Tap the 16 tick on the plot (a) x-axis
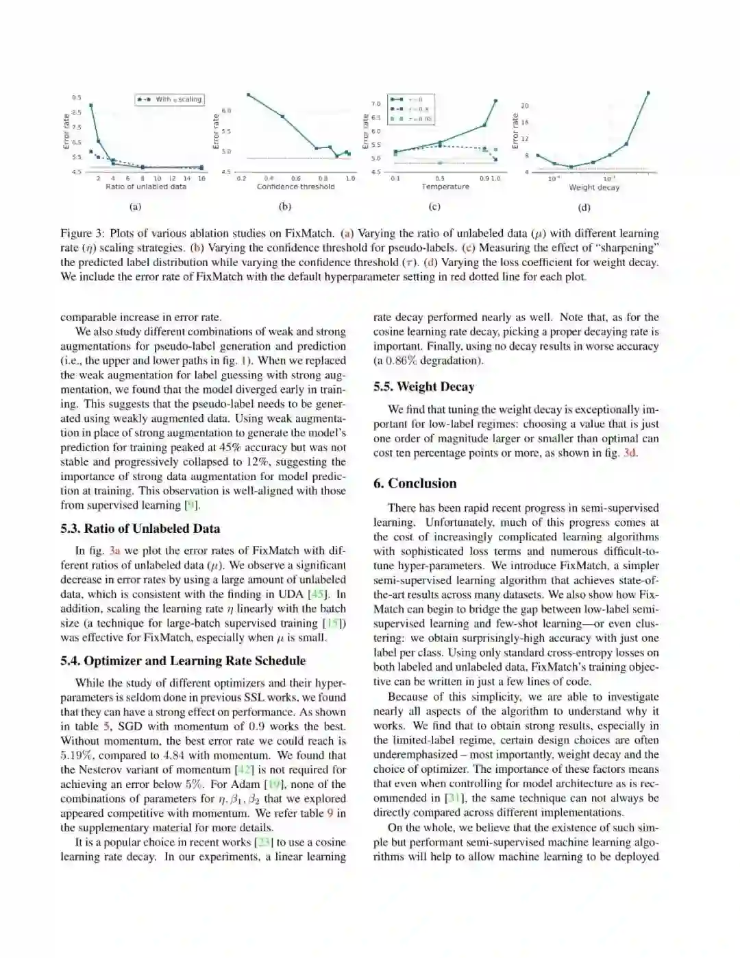click(201, 178)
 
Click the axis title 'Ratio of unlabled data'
click(146, 187)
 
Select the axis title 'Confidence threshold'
click(296, 187)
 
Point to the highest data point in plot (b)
click(248, 95)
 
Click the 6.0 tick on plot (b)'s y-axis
click(227, 110)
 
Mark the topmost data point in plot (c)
click(496, 101)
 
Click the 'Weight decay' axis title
click(594, 187)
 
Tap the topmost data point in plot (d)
click(648, 93)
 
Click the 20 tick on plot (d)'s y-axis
click(525, 106)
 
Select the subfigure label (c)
click(434, 206)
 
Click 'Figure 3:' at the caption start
click(82, 233)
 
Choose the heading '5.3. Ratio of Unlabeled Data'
click(140, 529)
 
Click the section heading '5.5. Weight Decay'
click(423, 387)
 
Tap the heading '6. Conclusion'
click(415, 483)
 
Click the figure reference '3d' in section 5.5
click(630, 453)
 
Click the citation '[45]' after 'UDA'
click(317, 595)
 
